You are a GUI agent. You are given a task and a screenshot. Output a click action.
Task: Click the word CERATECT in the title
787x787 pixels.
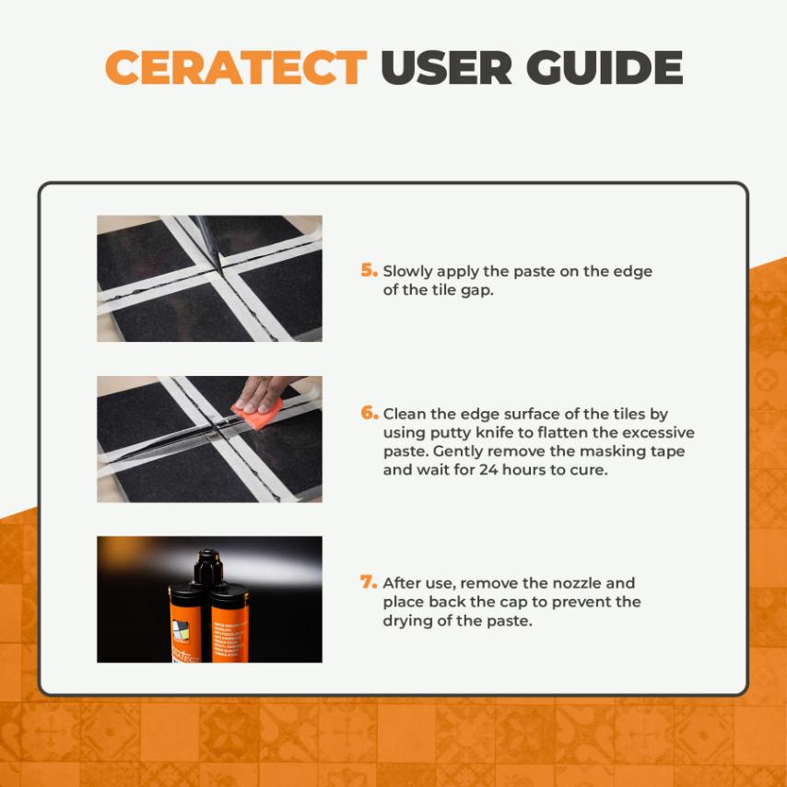point(236,67)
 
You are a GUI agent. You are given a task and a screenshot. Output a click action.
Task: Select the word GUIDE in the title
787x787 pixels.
point(605,67)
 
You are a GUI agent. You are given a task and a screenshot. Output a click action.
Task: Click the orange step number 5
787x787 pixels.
point(369,270)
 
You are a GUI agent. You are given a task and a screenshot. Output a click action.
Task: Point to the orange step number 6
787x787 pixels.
point(369,413)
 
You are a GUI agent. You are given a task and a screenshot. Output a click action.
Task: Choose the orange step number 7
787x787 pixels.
point(369,581)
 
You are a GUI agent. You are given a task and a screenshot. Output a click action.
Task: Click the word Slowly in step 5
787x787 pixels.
point(407,272)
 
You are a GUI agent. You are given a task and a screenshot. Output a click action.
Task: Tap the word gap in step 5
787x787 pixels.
point(476,290)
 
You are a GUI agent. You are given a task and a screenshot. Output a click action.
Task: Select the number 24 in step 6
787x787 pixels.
point(488,470)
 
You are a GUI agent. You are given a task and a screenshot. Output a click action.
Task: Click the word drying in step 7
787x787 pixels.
point(407,621)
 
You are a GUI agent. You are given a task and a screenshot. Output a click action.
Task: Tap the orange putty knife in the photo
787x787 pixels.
point(257,414)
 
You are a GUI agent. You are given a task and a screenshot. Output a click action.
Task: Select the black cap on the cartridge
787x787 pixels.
point(208,567)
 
